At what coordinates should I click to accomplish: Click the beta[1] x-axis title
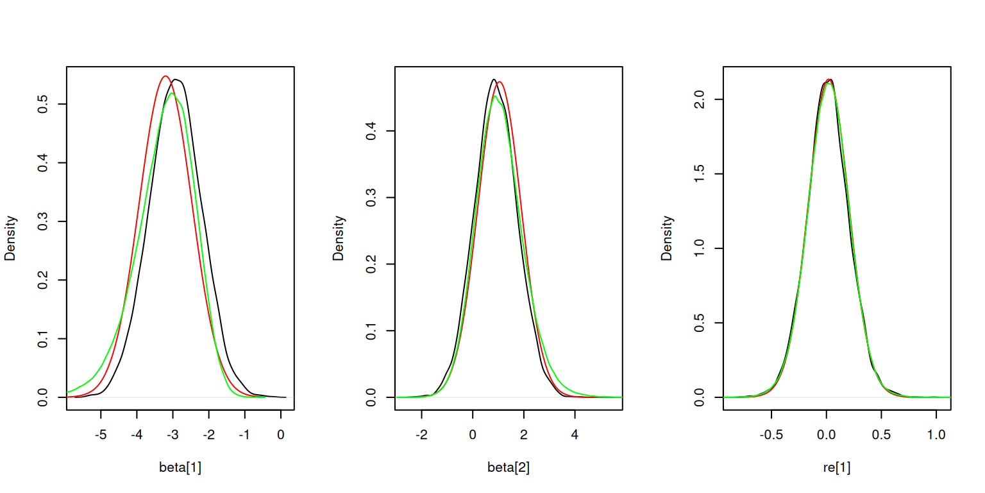pos(180,468)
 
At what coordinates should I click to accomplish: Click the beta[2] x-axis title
pos(509,468)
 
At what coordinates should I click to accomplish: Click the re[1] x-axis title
pos(837,468)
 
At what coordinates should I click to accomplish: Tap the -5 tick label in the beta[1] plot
pos(100,434)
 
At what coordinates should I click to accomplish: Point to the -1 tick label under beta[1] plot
pos(244,434)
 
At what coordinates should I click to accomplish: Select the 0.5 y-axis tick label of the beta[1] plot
pos(43,105)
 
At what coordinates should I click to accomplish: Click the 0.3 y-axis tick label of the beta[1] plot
pos(43,222)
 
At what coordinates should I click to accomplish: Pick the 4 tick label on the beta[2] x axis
pos(575,434)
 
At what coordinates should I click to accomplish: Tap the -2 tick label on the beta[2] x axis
pos(421,434)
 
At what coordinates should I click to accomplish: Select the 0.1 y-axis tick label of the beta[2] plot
pos(371,331)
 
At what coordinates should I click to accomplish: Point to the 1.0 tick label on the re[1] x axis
pos(936,434)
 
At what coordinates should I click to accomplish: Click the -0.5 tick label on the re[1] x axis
pos(770,434)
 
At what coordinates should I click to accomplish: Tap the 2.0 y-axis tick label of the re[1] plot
pos(700,99)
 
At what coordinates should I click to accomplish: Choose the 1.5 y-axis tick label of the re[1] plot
pos(700,174)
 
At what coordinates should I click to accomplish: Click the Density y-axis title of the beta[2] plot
pos(339,238)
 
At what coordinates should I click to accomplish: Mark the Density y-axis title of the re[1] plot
pos(667,238)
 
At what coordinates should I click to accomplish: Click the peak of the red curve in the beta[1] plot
pos(165,76)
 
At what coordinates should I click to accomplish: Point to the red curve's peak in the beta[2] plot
pos(500,82)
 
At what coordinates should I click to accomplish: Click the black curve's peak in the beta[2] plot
pos(493,79)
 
